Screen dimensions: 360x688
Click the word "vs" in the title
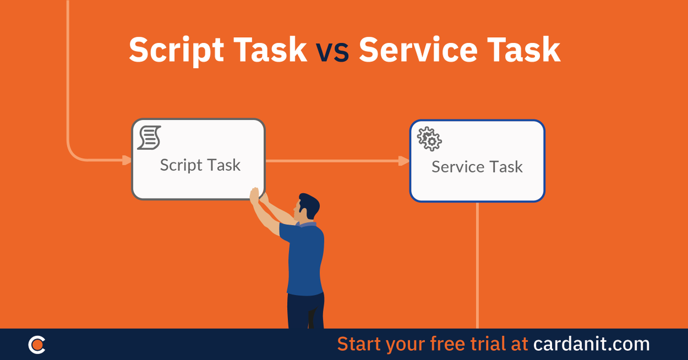tap(332, 51)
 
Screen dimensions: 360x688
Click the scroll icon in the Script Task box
tap(149, 138)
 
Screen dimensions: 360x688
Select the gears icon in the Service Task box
tap(429, 139)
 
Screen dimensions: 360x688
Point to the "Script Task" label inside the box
tap(200, 165)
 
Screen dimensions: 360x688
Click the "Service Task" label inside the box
tap(477, 167)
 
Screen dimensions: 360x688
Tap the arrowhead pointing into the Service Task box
tap(404, 161)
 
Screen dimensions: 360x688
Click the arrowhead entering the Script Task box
tap(126, 159)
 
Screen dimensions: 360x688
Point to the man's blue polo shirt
tap(304, 258)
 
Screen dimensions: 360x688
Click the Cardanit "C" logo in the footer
tap(37, 345)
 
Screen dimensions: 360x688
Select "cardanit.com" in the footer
tap(592, 344)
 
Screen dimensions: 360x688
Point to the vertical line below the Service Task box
tap(477, 264)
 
